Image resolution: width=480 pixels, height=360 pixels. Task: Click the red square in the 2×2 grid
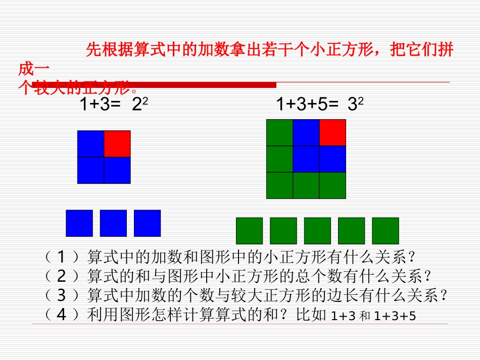tap(117, 144)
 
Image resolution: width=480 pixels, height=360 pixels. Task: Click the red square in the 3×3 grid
tap(332, 132)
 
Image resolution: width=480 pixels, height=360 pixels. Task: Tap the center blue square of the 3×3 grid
tap(306, 159)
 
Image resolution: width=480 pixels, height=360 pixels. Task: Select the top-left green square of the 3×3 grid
tap(279, 132)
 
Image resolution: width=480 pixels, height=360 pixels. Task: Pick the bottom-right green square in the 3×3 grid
tap(332, 185)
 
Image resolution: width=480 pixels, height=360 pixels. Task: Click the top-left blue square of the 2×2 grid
tap(90, 144)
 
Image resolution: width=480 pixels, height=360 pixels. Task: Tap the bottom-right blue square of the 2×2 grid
tap(117, 170)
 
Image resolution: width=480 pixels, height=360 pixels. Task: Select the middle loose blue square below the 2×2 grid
tap(113, 223)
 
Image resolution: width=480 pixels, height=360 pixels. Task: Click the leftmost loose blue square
tap(79, 223)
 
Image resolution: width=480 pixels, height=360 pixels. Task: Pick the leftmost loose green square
tap(250, 231)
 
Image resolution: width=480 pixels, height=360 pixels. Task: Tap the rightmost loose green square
tap(386, 231)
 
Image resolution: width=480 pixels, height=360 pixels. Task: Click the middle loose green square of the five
tap(317, 231)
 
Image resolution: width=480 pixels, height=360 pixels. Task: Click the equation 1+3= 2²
tap(114, 105)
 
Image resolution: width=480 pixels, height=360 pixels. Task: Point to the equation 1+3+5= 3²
tap(320, 105)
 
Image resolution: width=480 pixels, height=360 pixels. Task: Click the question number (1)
tap(61, 258)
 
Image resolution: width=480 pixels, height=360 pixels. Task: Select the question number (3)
tap(61, 295)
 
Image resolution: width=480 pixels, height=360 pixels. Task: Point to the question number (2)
tap(61, 276)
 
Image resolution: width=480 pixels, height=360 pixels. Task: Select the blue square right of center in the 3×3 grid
tap(332, 159)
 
